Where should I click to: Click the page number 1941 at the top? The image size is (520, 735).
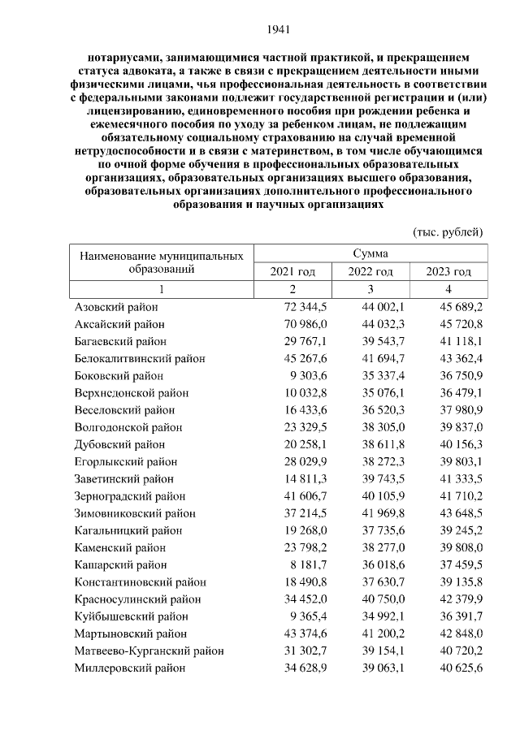point(279,30)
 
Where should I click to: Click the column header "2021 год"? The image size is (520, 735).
point(292,271)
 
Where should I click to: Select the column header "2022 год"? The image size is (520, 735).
point(370,271)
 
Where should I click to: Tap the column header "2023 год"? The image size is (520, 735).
point(448,271)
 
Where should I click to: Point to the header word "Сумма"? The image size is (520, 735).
point(370,253)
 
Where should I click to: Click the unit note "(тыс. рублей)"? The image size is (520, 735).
point(448,231)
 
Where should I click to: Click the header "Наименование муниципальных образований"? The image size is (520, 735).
point(162,262)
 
